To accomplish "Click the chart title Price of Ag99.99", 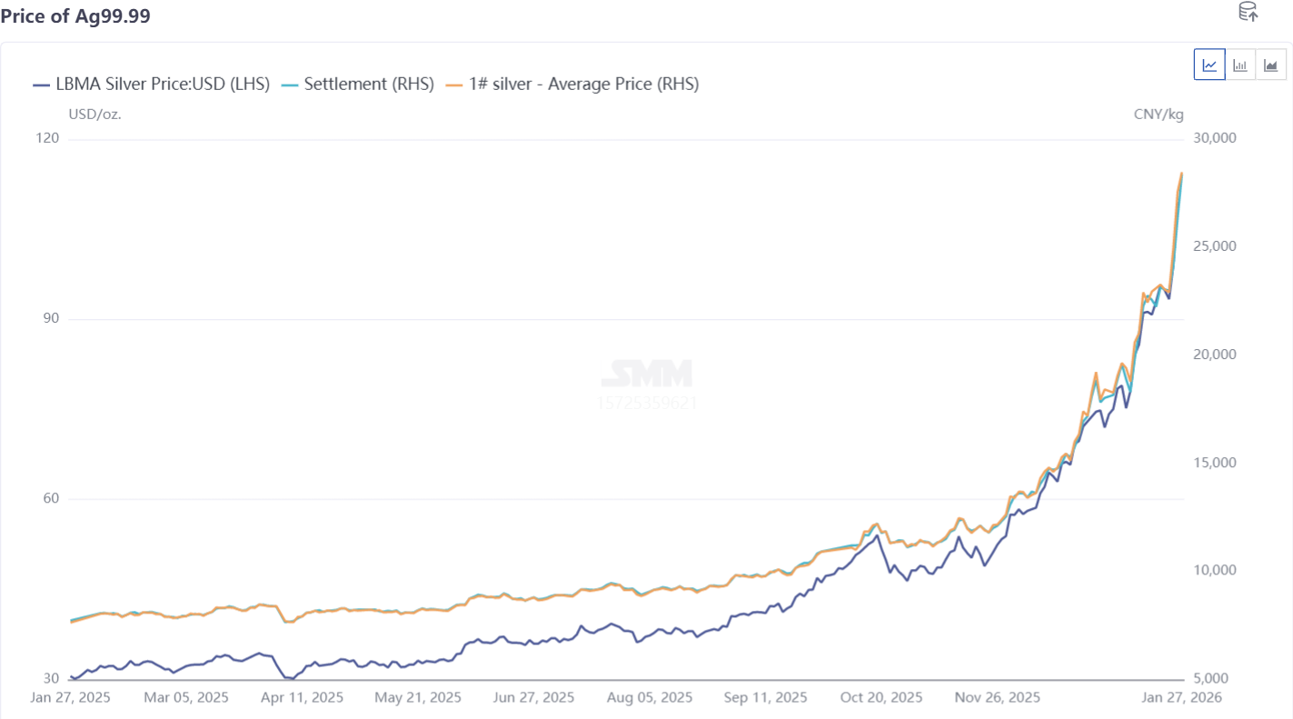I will [75, 16].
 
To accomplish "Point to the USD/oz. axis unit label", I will [95, 114].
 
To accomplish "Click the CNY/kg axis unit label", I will [1159, 114].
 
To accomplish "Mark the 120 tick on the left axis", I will [48, 138].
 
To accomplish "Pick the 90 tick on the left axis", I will [51, 318].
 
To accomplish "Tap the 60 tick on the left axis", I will [51, 498].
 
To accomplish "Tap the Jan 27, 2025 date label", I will [70, 697].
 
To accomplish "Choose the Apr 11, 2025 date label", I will [302, 697].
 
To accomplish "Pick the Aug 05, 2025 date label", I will [650, 697].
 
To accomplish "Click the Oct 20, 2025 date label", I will [882, 697].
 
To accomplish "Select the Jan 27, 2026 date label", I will [1179, 697].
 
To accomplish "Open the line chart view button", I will [1209, 65].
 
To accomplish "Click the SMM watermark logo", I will [646, 374].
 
